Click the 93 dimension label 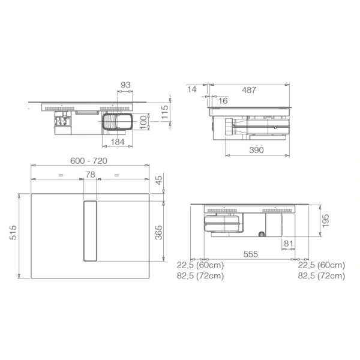(x=125, y=85)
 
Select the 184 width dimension (x=118, y=142)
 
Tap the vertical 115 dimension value (x=164, y=112)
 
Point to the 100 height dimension (x=143, y=122)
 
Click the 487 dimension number (x=249, y=90)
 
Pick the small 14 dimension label (x=192, y=89)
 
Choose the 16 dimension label (x=223, y=101)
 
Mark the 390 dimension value (x=256, y=150)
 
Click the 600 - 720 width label (x=89, y=161)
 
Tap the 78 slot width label (x=90, y=175)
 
